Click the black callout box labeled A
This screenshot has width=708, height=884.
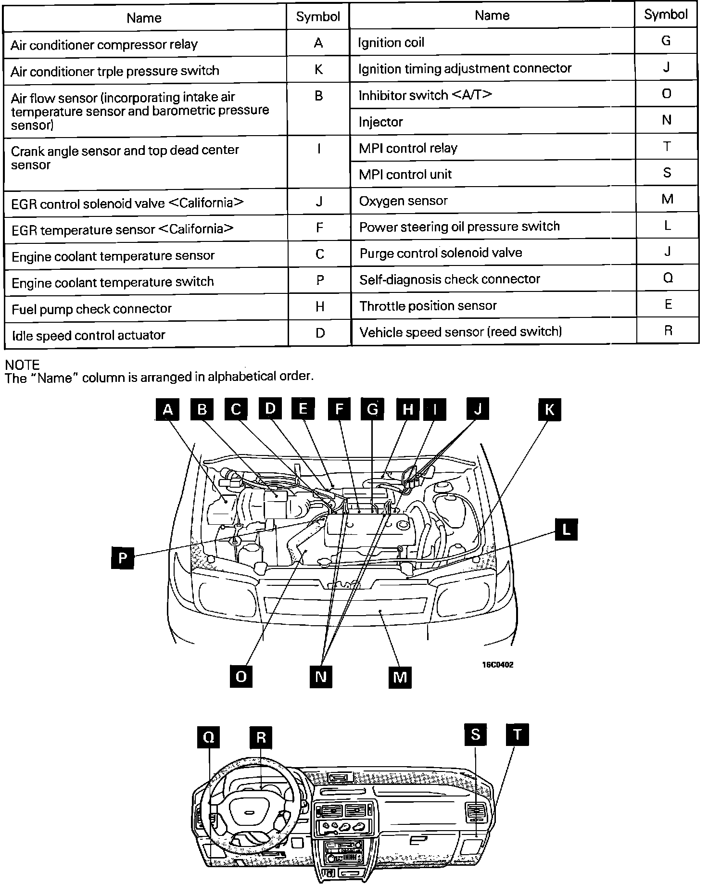click(x=167, y=410)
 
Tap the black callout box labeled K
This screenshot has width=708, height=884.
click(x=549, y=410)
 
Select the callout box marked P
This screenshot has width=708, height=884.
click(x=122, y=558)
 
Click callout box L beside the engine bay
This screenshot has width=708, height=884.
click(x=566, y=530)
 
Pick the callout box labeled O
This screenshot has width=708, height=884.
click(x=241, y=677)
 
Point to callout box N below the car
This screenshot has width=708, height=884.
click(x=321, y=677)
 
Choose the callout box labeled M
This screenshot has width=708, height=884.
click(x=400, y=677)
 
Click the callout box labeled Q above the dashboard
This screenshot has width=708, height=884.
click(x=209, y=737)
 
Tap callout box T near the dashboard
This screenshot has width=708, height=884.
click(x=517, y=734)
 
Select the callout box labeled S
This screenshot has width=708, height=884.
click(x=475, y=734)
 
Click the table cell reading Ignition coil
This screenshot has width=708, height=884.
click(x=492, y=42)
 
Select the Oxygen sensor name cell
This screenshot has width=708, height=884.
click(x=493, y=201)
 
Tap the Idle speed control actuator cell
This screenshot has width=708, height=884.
click(x=146, y=335)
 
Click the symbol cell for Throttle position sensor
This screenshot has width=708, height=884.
click(x=668, y=304)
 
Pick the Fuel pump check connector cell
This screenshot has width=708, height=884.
click(x=146, y=308)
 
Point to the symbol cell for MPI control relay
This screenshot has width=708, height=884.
click(x=667, y=147)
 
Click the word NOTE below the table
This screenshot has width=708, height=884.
click(x=22, y=365)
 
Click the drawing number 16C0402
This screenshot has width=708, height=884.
click(x=498, y=665)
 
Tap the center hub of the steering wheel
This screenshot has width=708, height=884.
click(x=249, y=812)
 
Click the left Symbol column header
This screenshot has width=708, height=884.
click(x=318, y=17)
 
